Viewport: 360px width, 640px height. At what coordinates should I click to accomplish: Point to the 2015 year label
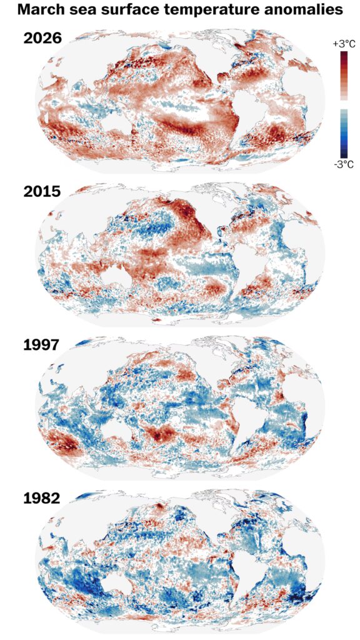point(42,191)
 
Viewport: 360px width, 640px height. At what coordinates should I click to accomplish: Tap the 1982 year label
point(42,498)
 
